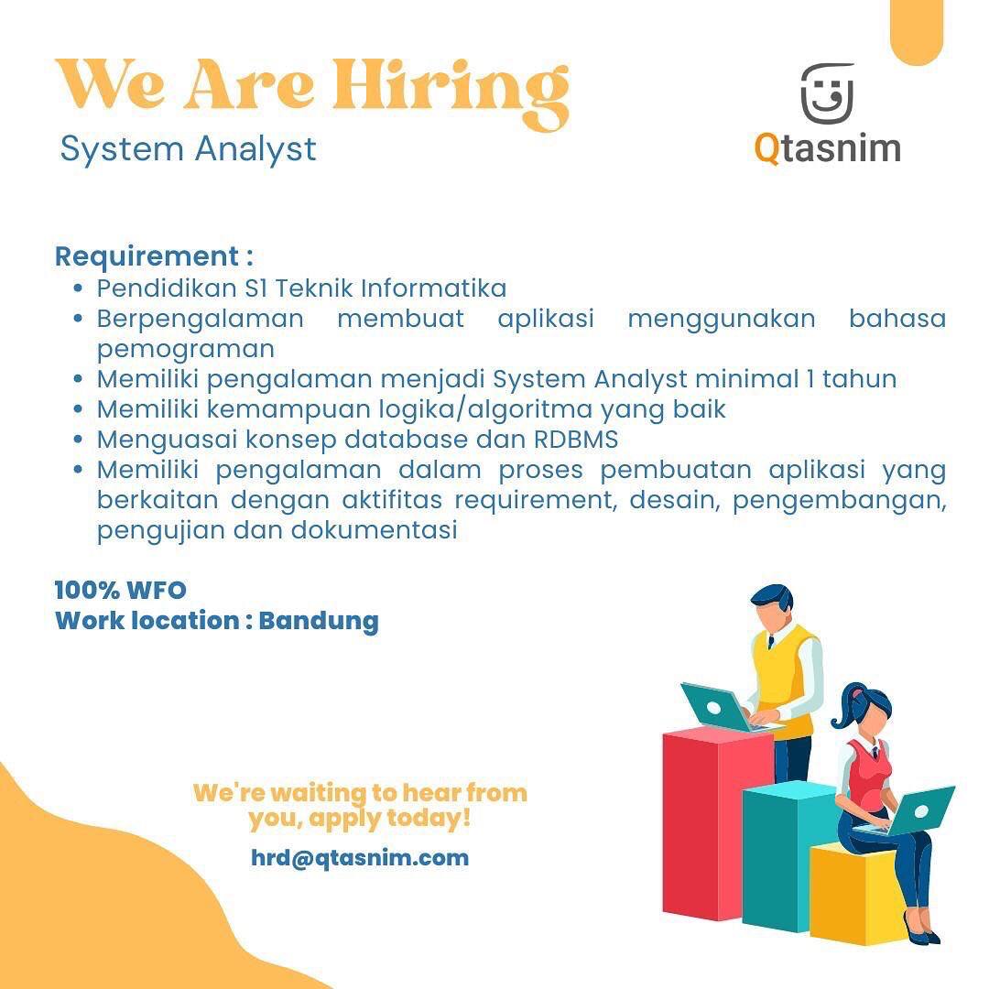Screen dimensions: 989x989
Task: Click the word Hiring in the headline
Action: (451, 94)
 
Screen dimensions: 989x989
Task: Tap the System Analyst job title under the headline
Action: (188, 150)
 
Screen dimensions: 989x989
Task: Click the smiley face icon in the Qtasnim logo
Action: (828, 93)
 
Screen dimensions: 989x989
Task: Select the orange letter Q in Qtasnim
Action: (767, 149)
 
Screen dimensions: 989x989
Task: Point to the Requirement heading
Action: (154, 256)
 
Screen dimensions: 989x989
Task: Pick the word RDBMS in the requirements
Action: (576, 439)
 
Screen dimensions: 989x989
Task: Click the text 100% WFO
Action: (121, 591)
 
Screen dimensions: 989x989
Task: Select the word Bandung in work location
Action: (319, 621)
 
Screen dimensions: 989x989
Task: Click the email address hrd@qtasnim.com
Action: (360, 858)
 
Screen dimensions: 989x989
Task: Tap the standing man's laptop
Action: (719, 707)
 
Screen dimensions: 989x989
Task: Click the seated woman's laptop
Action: (915, 811)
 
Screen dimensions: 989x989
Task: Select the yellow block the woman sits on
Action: (858, 895)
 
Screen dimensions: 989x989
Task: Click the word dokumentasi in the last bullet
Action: (374, 530)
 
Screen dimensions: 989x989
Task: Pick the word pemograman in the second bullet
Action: (186, 350)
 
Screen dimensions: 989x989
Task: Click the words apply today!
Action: (390, 820)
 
